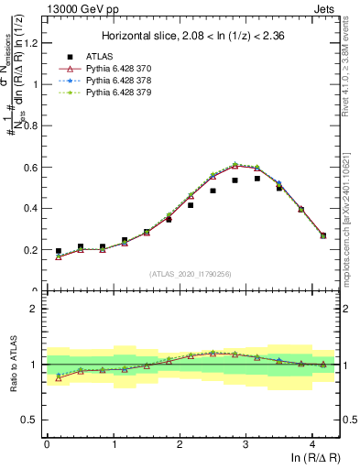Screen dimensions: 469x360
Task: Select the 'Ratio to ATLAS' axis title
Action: [11, 365]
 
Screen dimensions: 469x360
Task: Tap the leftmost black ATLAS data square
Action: [59, 251]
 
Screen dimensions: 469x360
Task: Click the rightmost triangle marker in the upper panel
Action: [322, 235]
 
